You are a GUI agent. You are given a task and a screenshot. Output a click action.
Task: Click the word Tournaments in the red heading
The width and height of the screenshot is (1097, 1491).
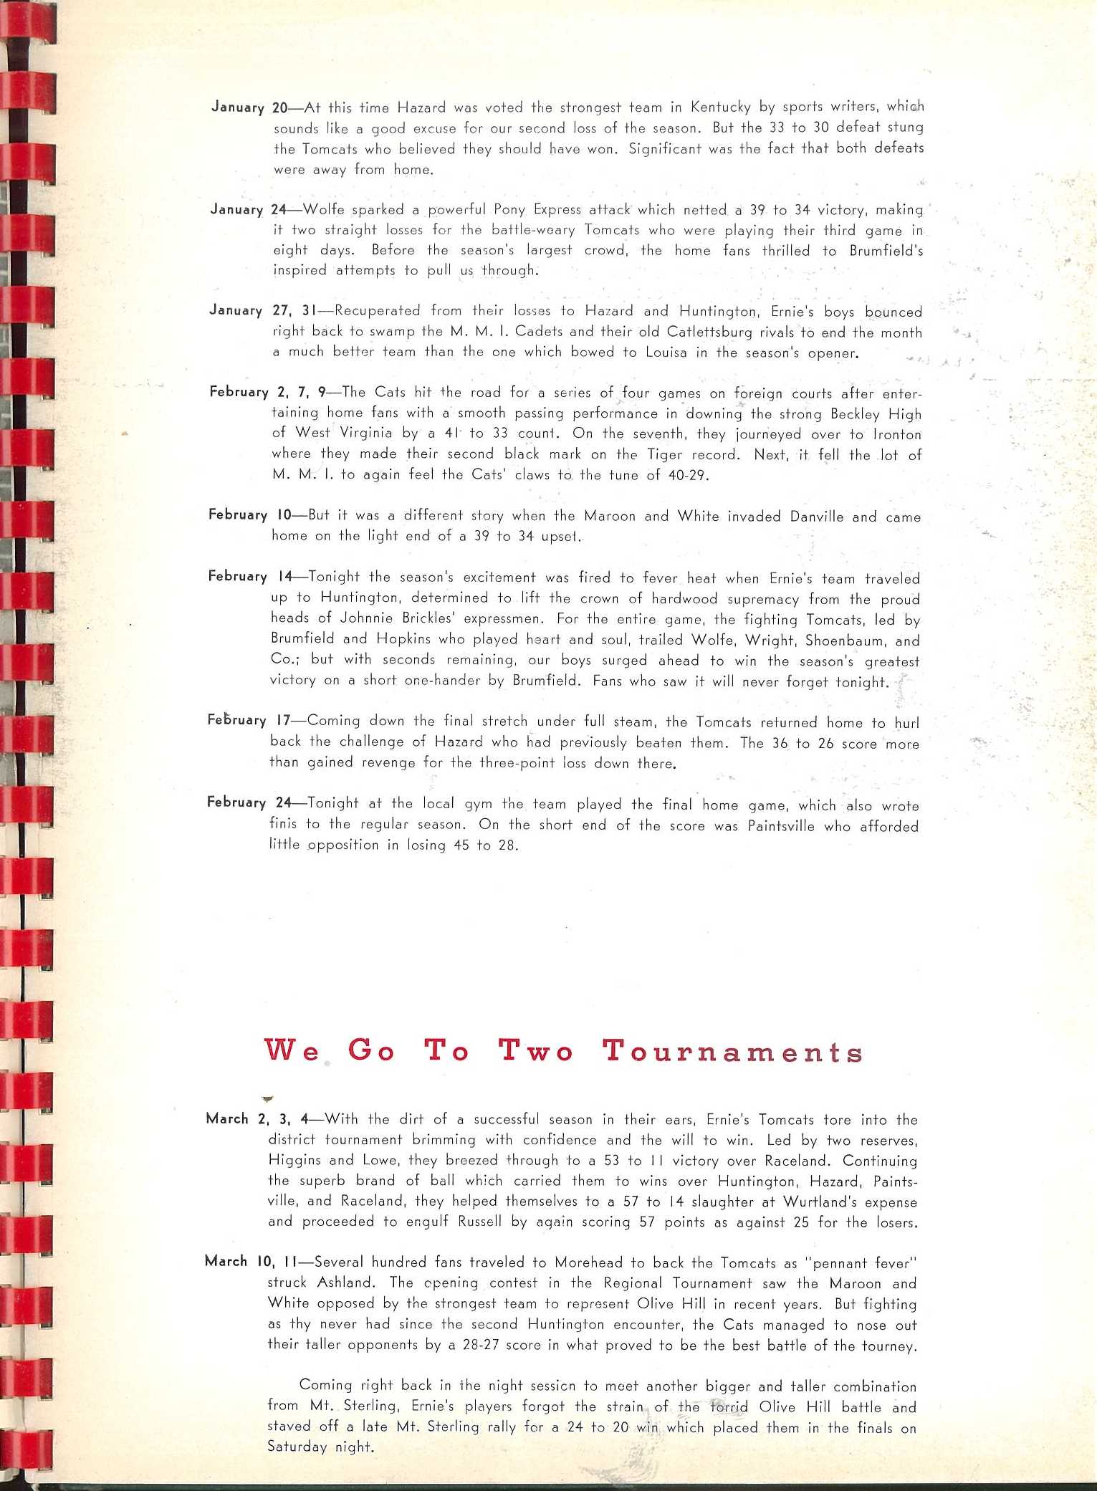(x=732, y=1051)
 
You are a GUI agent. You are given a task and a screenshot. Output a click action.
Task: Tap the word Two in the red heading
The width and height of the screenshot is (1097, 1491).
(x=536, y=1050)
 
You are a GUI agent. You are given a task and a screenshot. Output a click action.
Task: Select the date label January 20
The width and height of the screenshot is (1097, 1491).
(x=249, y=107)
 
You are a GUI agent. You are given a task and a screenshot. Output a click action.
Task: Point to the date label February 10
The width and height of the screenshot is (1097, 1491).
(x=248, y=514)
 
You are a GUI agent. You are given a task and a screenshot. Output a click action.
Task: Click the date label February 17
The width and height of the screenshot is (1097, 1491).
(x=248, y=720)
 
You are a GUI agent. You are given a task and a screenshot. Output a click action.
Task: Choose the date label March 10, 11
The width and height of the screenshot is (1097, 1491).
(x=251, y=1261)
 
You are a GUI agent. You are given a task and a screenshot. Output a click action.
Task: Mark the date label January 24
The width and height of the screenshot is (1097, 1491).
(x=248, y=209)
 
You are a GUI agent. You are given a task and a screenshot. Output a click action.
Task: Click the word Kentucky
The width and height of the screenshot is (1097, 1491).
(x=721, y=107)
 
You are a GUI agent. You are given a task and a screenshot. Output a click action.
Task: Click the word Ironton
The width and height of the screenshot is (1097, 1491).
(x=897, y=435)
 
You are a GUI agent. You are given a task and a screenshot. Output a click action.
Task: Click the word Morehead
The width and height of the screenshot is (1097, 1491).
(x=590, y=1262)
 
